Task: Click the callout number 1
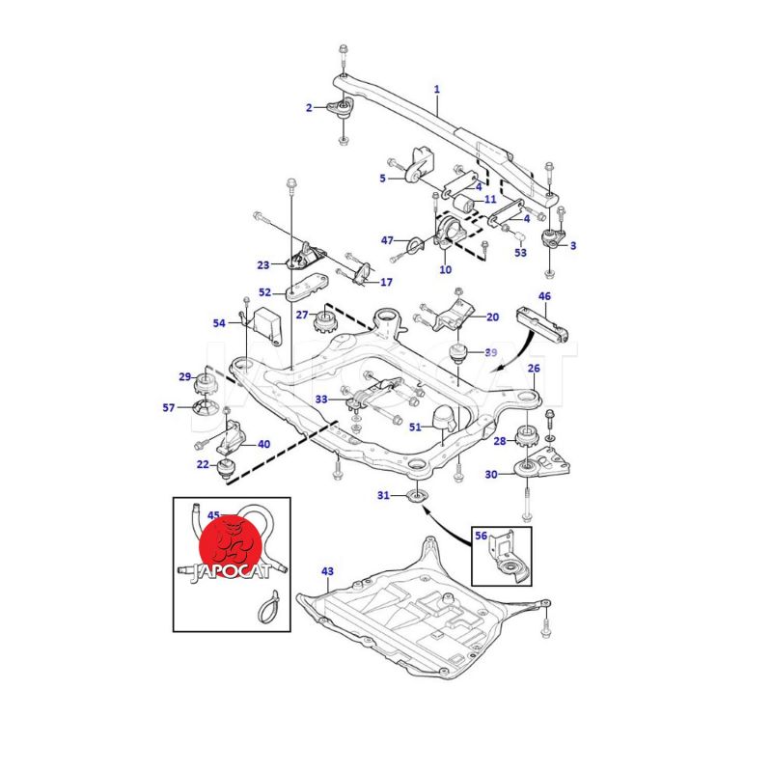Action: pos(436,90)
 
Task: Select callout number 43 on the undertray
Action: pos(327,572)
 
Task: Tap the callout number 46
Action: pos(544,297)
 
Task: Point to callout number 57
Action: pos(169,408)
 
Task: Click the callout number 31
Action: pos(383,496)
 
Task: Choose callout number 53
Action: pos(521,253)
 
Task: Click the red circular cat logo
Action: pos(231,544)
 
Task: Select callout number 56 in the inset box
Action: pos(482,537)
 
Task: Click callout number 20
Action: pos(492,317)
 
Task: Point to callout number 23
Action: pos(263,264)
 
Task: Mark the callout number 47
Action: pos(387,239)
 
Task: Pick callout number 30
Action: pos(491,474)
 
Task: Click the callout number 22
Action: pos(203,465)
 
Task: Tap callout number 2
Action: pos(309,108)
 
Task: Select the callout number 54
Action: pos(220,323)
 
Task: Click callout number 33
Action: pos(321,399)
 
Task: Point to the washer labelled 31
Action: pos(415,497)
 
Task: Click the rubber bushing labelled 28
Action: pos(528,436)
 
